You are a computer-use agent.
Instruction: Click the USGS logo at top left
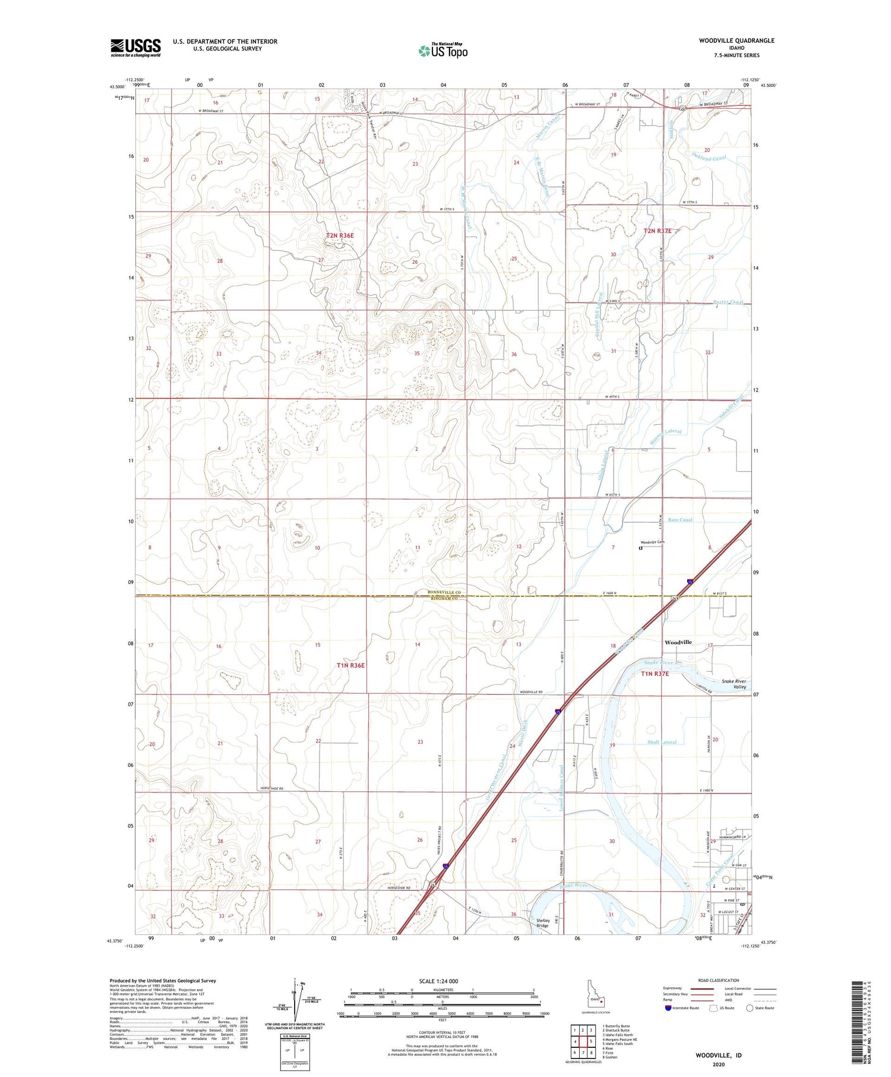tap(135, 48)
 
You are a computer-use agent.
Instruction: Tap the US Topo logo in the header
tap(443, 50)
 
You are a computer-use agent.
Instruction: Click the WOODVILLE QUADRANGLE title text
tap(736, 40)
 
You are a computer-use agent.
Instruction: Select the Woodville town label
tap(678, 642)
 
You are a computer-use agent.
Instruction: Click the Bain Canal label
tap(680, 520)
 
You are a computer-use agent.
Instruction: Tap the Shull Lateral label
tap(662, 742)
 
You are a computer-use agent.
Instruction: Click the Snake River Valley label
tap(733, 684)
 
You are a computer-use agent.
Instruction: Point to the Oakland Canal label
tap(709, 157)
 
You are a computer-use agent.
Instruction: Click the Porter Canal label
tap(728, 302)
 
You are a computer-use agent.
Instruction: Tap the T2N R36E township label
tap(340, 236)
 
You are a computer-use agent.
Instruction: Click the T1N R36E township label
tap(350, 665)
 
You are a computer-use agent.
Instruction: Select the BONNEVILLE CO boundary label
tap(444, 592)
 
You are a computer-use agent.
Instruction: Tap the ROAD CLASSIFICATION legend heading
tap(718, 980)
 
